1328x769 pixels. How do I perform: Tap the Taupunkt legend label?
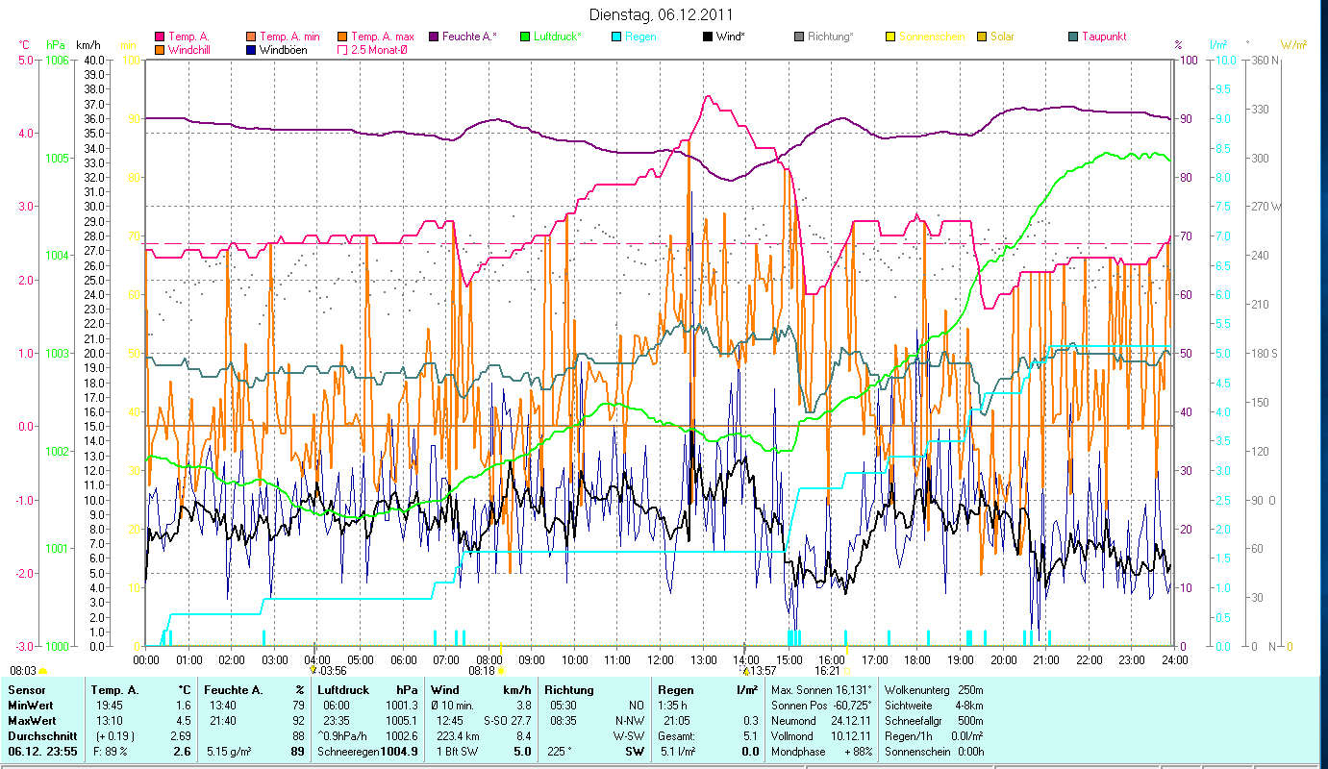1103,37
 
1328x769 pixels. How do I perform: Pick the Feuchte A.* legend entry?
469,37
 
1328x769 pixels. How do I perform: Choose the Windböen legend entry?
283,49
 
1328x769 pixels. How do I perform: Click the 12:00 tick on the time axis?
660,660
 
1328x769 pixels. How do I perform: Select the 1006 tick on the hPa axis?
56,60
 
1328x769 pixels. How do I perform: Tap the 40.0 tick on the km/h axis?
94,60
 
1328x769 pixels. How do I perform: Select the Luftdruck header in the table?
344,690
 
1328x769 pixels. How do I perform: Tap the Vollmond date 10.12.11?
852,735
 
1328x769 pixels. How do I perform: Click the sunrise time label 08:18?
482,670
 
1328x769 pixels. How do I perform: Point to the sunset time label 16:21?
827,670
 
